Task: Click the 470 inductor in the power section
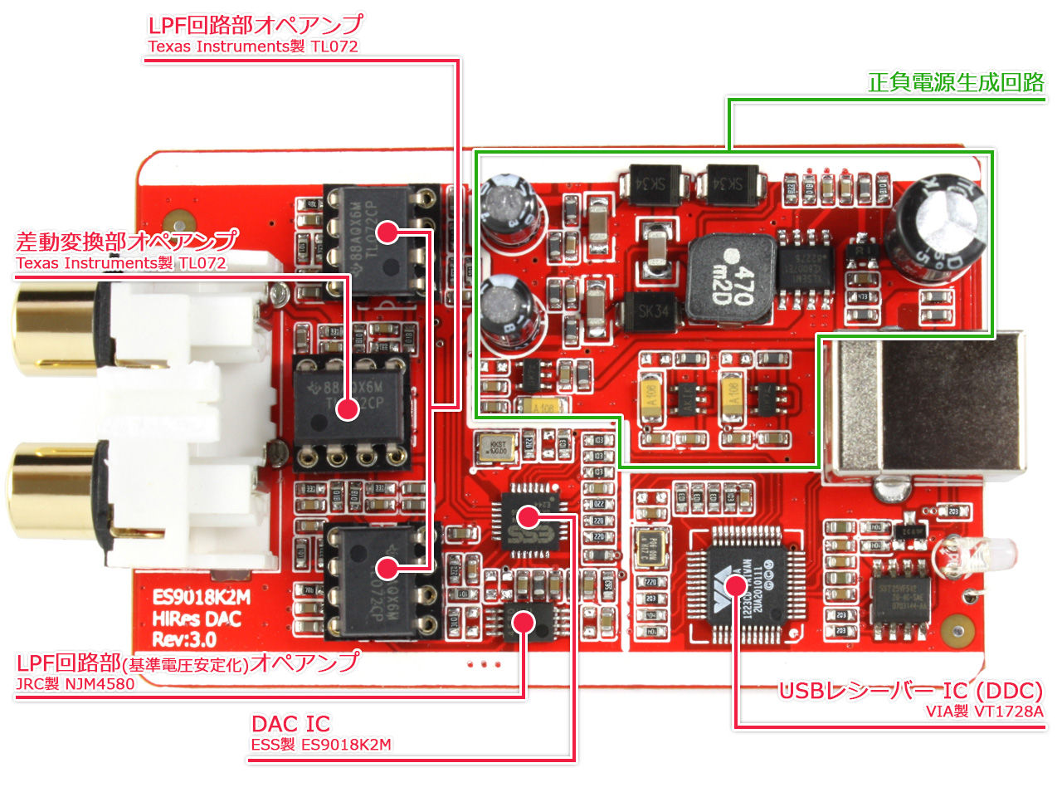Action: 731,281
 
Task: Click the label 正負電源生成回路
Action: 956,82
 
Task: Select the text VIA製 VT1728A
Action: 985,711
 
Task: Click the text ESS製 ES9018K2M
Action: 321,745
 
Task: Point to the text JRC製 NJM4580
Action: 76,684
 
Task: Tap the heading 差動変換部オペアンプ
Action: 127,241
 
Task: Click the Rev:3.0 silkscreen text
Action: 184,639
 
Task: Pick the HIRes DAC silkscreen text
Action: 197,619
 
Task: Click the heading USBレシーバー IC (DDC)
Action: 910,691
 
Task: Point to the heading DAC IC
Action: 290,723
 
